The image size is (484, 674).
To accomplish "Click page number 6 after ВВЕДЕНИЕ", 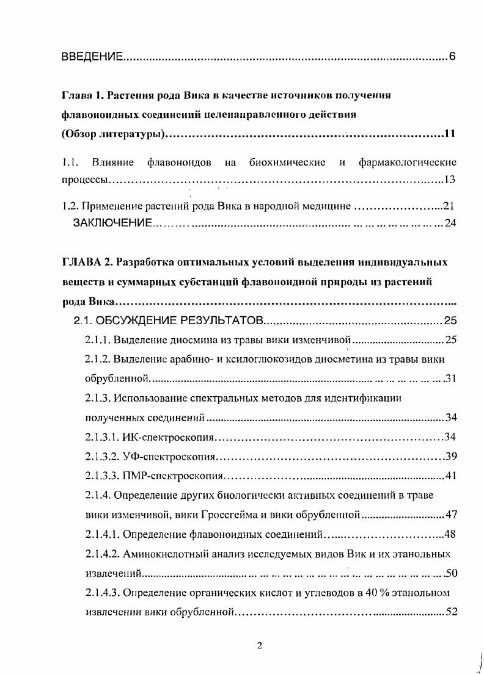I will pyautogui.click(x=452, y=57).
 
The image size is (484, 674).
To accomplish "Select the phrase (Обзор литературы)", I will pyautogui.click(x=113, y=134).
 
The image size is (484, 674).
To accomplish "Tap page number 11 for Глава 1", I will pyautogui.click(x=450, y=134).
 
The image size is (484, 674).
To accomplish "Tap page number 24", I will pyautogui.click(x=451, y=223).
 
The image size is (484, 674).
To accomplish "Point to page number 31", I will pyautogui.click(x=452, y=379).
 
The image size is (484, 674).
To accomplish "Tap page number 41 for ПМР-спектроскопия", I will pyautogui.click(x=452, y=476).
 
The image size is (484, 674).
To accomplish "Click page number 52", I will pyautogui.click(x=452, y=612).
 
